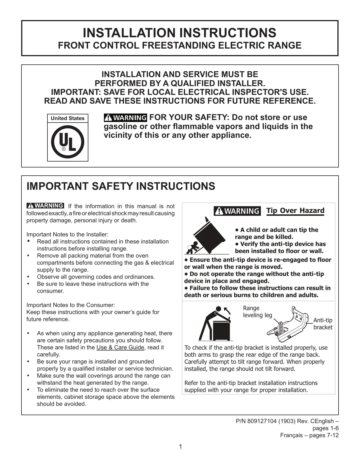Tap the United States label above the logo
click(67, 118)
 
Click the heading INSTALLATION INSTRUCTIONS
click(180, 33)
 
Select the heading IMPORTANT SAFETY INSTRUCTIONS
click(121, 186)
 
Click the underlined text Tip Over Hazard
click(295, 211)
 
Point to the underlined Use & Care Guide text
click(120, 347)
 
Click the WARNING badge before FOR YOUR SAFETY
click(125, 117)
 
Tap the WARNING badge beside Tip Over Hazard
click(237, 211)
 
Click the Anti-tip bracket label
click(323, 324)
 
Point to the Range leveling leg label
click(257, 312)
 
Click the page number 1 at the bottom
click(180, 447)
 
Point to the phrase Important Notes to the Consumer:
click(71, 305)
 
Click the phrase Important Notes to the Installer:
click(67, 234)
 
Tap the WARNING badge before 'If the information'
click(45, 206)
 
